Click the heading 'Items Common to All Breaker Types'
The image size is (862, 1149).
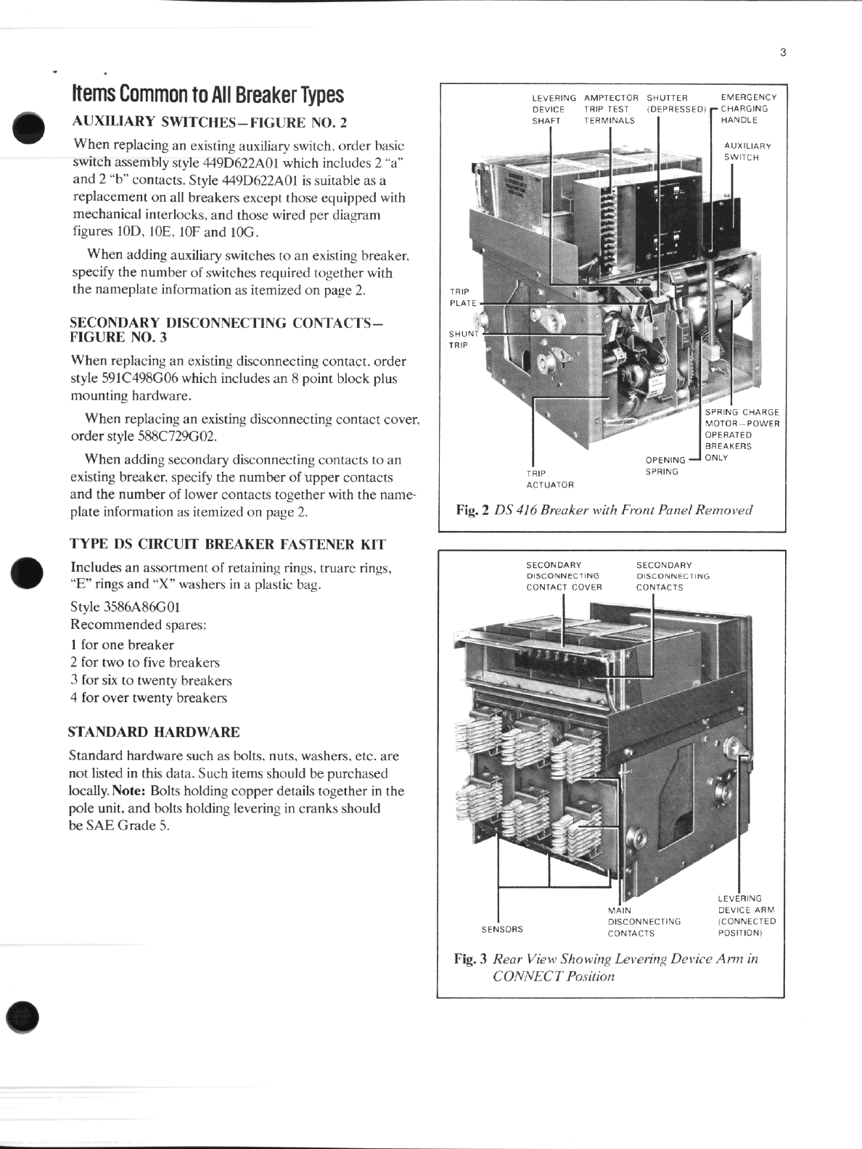[208, 94]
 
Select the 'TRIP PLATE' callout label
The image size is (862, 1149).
[463, 297]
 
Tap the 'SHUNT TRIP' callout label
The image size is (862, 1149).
[463, 339]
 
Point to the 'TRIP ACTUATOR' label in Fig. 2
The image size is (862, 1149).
[549, 479]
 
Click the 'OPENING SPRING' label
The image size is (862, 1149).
[664, 466]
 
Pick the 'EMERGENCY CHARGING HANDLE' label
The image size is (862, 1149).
[747, 109]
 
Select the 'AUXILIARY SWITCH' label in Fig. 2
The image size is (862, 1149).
[747, 152]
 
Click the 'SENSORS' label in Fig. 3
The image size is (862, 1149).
[502, 929]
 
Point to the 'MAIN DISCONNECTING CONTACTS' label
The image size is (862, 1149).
[643, 921]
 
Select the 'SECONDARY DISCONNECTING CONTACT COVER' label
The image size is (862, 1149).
[564, 576]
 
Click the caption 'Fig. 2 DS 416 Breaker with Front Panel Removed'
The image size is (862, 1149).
[604, 510]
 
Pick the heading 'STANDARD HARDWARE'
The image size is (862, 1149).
[154, 732]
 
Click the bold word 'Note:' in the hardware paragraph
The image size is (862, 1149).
[131, 791]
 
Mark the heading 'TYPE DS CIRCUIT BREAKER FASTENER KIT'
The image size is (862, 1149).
[227, 544]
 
